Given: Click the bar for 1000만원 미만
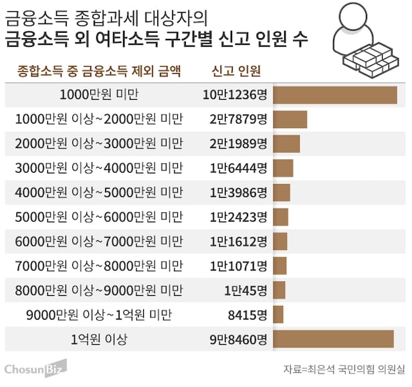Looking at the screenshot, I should tap(334, 95).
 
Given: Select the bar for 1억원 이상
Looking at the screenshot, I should tap(333, 339).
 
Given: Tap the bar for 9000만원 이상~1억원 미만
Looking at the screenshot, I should tap(278, 314).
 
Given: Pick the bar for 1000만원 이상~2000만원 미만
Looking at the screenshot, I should tap(290, 119).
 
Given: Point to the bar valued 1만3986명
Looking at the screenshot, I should tap(282, 193).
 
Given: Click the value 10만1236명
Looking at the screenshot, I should tap(235, 95).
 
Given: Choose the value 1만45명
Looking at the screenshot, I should tap(245, 290).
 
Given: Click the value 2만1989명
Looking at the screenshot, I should tap(237, 144).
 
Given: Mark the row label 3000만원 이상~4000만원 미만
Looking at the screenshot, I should tap(98, 168).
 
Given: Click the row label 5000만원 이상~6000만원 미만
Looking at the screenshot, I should tap(98, 217).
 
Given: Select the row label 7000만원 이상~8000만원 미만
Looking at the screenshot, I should tap(98, 266).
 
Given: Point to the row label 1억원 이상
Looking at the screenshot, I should tap(98, 339).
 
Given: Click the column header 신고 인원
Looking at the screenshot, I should tap(235, 71).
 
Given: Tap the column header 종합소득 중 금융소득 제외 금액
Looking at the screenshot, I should tap(100, 71).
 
